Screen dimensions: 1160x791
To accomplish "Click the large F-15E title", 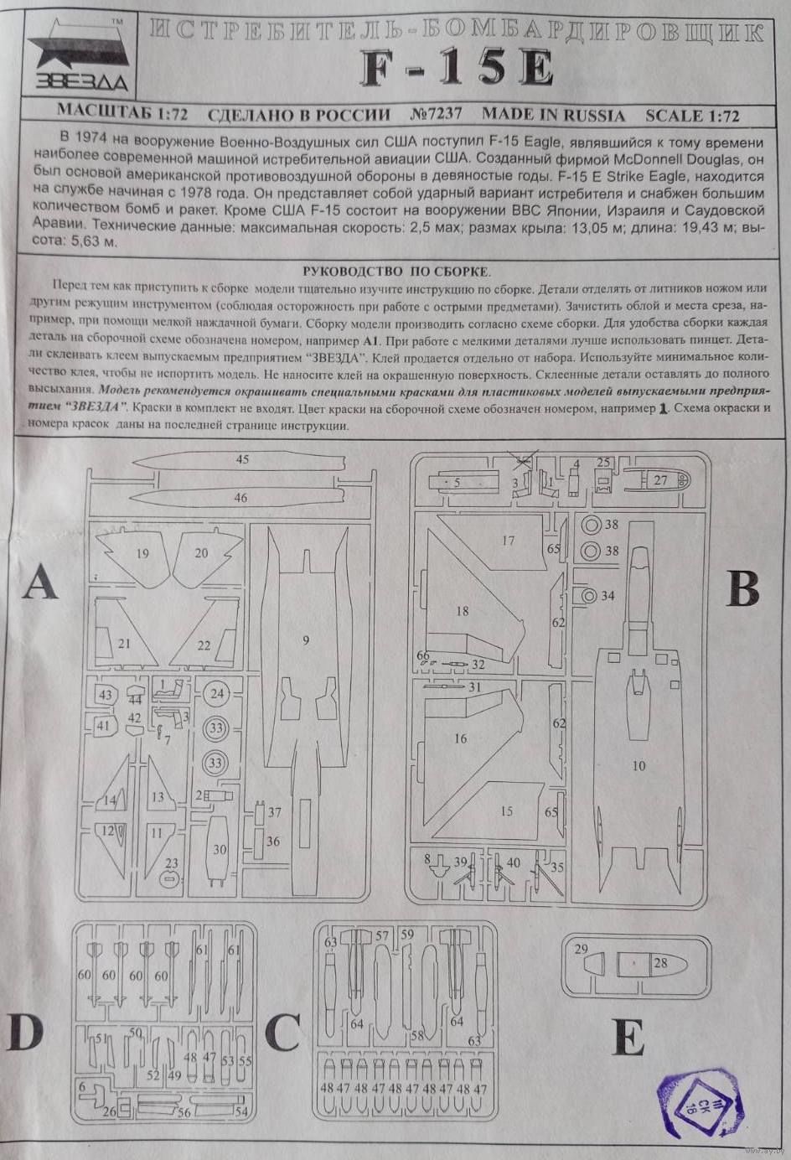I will pos(458,69).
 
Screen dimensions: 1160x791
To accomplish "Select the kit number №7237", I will pos(436,115).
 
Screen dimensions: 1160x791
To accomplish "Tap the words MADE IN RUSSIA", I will pos(553,115).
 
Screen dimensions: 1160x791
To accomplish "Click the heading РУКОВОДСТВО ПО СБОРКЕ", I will pos(396,271).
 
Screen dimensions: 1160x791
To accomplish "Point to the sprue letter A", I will pos(40,582).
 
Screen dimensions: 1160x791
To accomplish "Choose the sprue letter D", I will pos(25,1032).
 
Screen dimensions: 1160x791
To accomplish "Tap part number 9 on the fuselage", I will pos(306,640).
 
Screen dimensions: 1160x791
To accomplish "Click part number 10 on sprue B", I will pos(639,765).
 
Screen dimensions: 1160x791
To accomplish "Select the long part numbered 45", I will pos(243,460).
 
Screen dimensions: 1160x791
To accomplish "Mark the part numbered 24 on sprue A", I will pos(217,694).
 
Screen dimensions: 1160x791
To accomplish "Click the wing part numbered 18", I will pos(463,611).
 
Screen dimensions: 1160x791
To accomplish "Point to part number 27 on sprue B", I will pos(662,480).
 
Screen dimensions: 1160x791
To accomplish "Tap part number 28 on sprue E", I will pos(661,963).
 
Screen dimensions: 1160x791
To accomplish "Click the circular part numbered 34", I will pos(590,596).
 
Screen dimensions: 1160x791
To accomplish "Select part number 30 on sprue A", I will pos(219,849).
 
